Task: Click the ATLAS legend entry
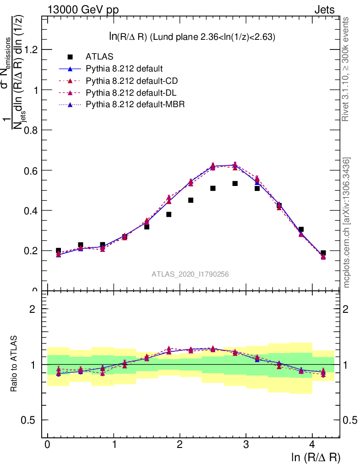tap(99, 57)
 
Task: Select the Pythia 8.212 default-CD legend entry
tap(131, 81)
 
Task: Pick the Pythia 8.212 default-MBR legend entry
tap(135, 104)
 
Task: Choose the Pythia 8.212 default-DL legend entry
tap(131, 93)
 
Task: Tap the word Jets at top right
tap(324, 10)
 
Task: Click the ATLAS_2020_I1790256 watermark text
tap(191, 274)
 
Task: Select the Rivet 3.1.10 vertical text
tap(346, 69)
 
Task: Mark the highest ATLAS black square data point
tap(235, 183)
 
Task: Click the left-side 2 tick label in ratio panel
tap(33, 309)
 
